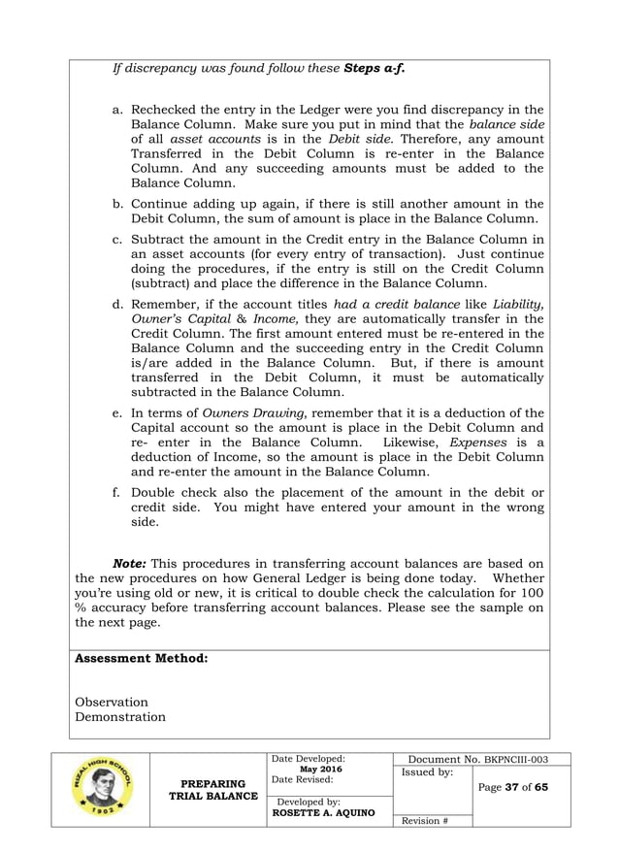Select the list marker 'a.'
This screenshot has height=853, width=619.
118,110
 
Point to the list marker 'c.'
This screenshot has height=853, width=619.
118,239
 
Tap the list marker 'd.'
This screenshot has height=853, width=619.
118,306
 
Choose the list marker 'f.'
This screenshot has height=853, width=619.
118,494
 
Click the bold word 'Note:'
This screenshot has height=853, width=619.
131,563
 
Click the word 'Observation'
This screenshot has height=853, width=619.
112,702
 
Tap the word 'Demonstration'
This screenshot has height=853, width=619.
120,718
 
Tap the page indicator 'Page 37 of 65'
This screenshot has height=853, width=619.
514,787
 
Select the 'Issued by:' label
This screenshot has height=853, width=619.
426,772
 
